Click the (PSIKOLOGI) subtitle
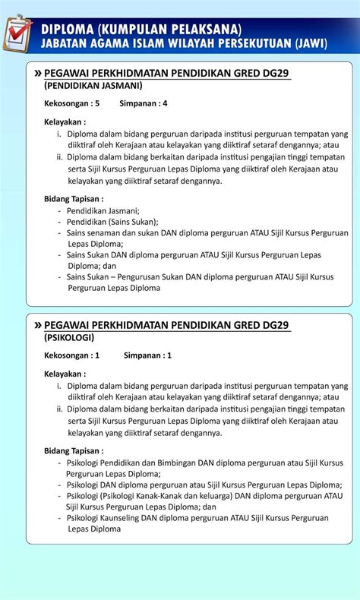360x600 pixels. click(x=68, y=337)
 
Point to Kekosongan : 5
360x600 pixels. click(x=72, y=103)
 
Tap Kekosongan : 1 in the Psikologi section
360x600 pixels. click(x=72, y=355)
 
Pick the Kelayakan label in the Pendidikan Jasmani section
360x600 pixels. click(x=65, y=122)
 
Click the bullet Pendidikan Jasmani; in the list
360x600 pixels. click(x=103, y=211)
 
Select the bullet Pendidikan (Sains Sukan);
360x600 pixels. click(x=112, y=222)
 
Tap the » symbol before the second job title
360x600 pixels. click(x=38, y=324)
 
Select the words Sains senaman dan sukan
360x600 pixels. click(x=113, y=233)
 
